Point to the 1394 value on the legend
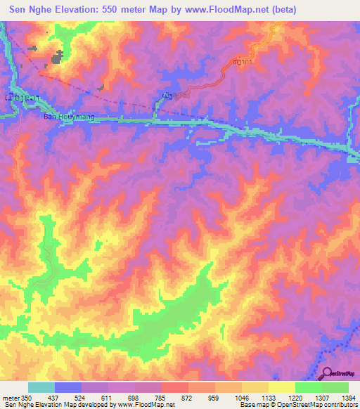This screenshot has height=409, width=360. pos(348,398)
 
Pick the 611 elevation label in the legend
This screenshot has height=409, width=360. pos(108,398)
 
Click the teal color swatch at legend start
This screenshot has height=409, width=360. pos(41,387)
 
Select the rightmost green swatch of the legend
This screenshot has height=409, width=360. pos(335,387)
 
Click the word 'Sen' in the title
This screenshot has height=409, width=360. pos(19,10)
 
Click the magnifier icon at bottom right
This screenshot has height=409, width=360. pos(326,373)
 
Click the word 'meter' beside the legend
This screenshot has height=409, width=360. pos(10,398)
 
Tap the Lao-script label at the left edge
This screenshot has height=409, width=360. pos(15,94)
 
